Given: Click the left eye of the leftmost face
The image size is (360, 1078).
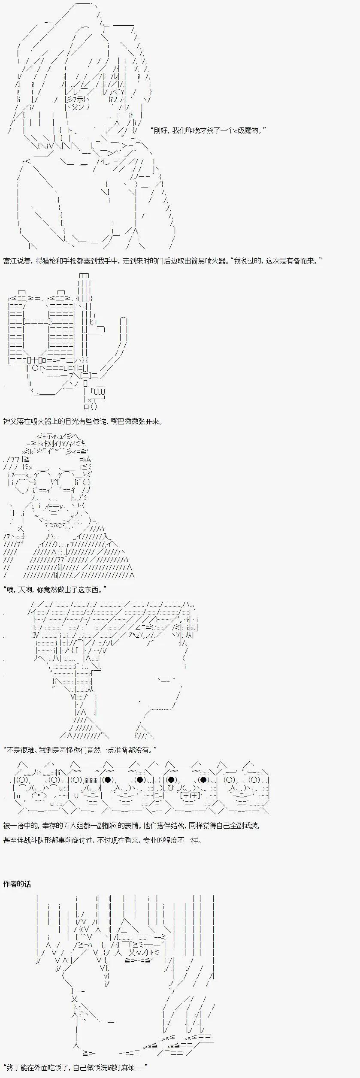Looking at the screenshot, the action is pyautogui.click(x=22, y=780).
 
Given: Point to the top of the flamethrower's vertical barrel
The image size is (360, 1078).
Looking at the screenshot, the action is pyautogui.click(x=84, y=276).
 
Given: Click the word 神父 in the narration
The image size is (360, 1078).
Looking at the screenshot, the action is pyautogui.click(x=10, y=421).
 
